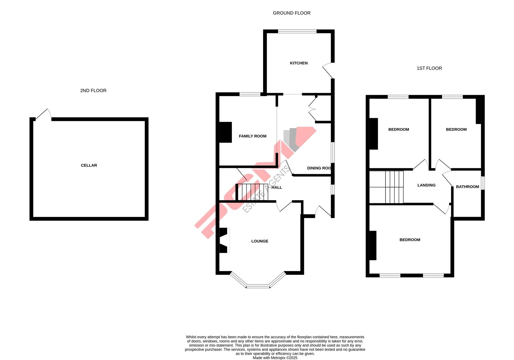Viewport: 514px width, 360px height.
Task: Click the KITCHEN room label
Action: (x=299, y=63)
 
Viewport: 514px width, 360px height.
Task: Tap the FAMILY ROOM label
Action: (x=252, y=136)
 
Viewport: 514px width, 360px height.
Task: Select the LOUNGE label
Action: (x=260, y=241)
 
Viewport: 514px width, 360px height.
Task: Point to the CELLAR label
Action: (x=89, y=165)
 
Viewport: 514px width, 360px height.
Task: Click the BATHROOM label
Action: (x=467, y=187)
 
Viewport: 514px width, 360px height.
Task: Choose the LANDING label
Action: (x=426, y=185)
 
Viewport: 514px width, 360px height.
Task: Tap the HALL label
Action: (x=277, y=187)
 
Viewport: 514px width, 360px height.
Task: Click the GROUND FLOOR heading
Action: (x=292, y=13)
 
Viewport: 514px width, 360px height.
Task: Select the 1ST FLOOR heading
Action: (x=429, y=68)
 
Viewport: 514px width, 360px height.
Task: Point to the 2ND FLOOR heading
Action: (x=93, y=91)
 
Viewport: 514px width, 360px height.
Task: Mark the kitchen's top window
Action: (x=297, y=31)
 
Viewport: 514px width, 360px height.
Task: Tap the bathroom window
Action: (x=482, y=183)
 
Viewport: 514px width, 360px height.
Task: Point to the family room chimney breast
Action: (x=225, y=133)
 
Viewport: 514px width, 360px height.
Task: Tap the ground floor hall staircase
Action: (x=252, y=192)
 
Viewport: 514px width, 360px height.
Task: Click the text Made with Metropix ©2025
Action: (x=275, y=358)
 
